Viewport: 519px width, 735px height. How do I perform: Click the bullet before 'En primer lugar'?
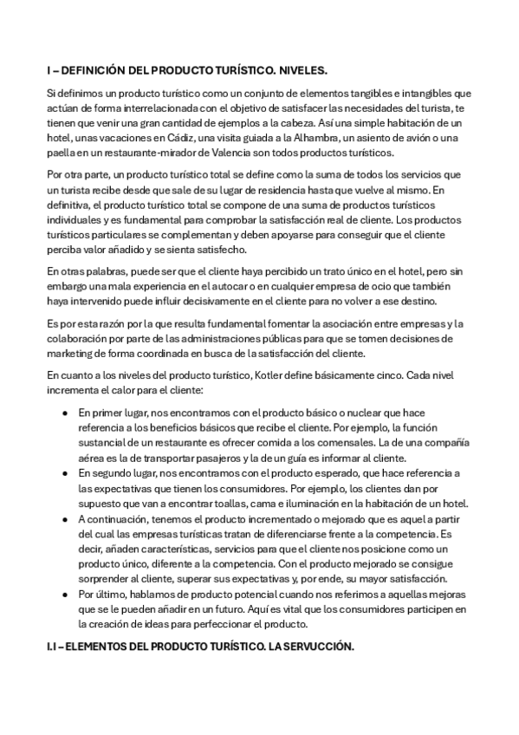click(65, 413)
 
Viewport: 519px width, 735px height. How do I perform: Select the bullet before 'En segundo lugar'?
click(65, 473)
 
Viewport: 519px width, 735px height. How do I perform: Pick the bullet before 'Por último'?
click(65, 595)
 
